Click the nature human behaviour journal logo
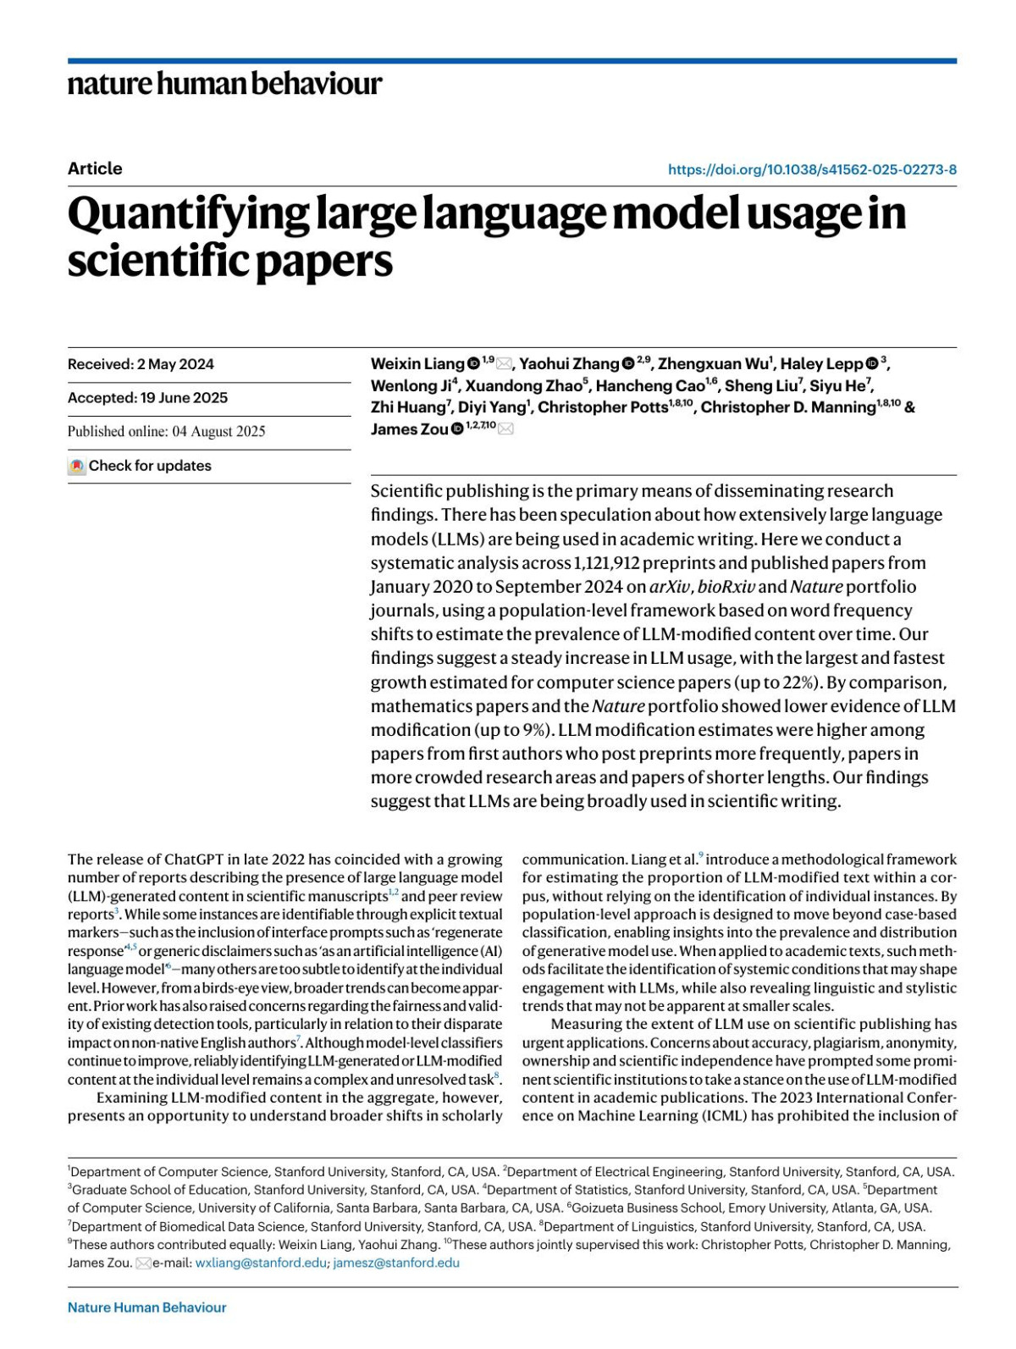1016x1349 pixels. pos(224,84)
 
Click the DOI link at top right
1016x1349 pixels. pos(812,169)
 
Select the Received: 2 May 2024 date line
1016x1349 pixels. pos(141,364)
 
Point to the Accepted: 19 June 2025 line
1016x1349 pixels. pos(147,398)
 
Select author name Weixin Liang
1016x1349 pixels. pos(417,364)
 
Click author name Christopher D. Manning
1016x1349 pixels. pos(787,407)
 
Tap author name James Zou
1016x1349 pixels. pos(409,429)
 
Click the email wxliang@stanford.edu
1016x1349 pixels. pos(261,1263)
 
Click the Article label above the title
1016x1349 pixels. pos(95,169)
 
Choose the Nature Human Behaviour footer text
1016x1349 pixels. pos(146,1308)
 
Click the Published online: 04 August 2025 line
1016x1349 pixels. pos(166,432)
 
